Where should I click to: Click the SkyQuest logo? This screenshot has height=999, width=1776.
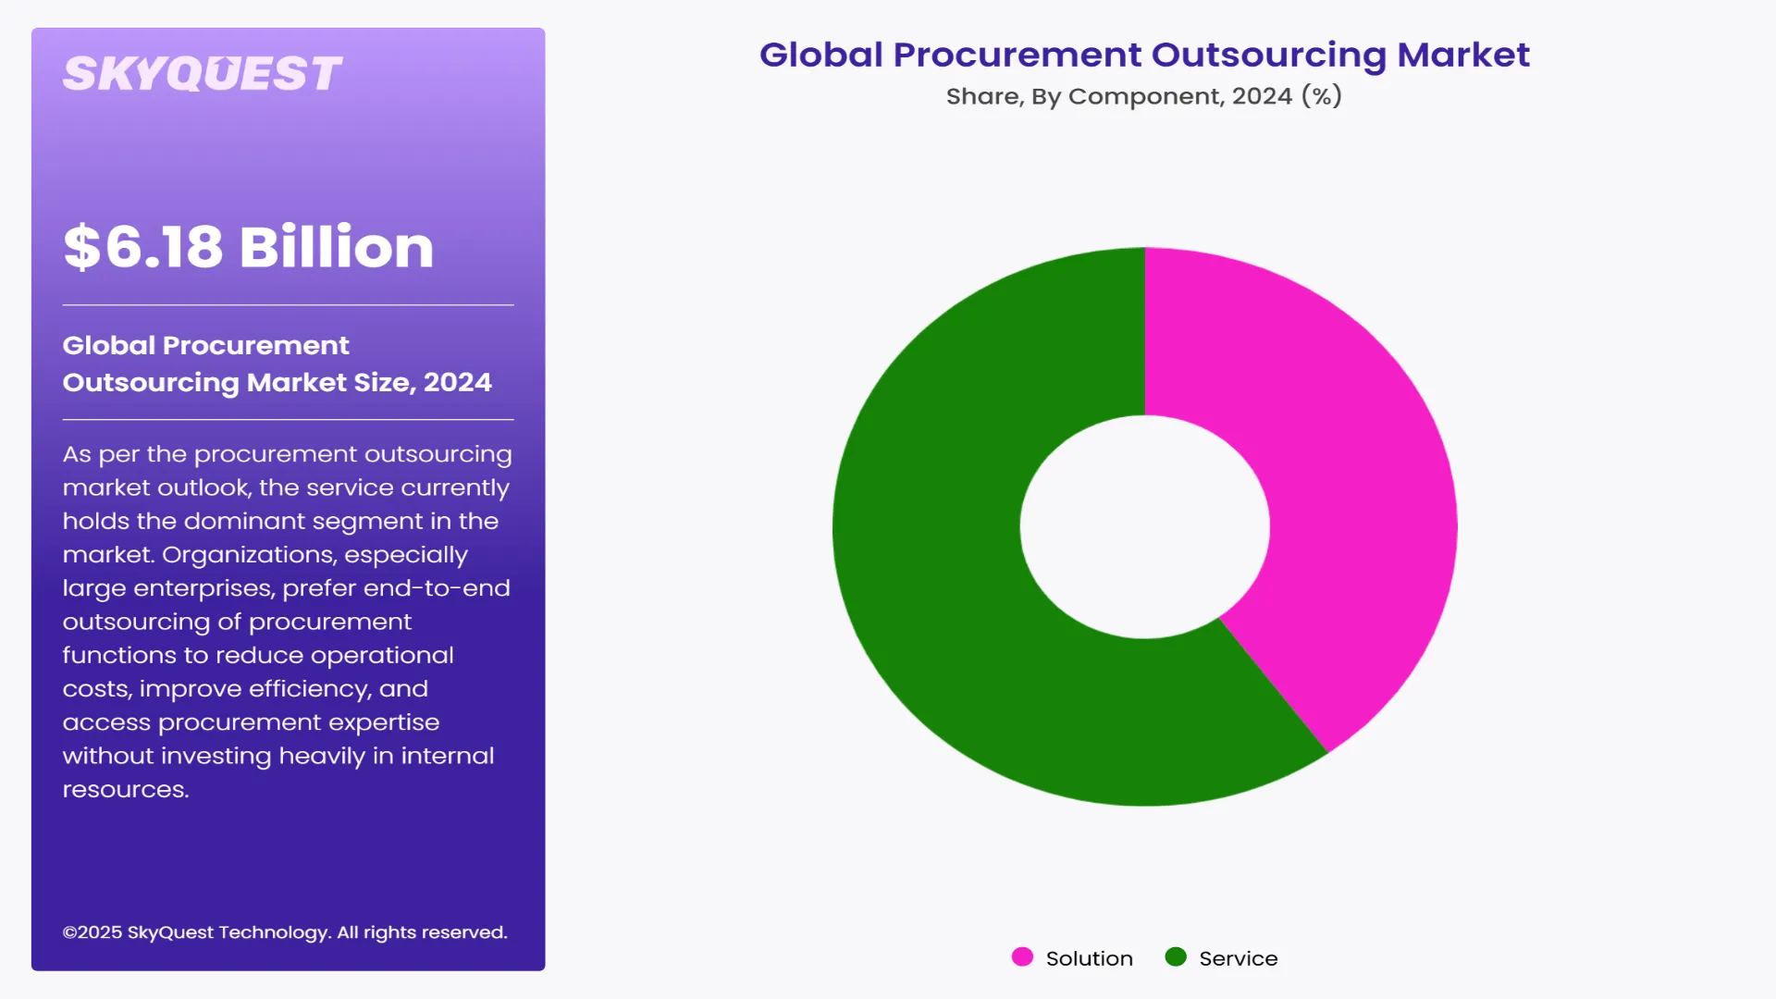coord(202,74)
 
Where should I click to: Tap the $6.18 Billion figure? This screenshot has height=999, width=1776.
coord(248,247)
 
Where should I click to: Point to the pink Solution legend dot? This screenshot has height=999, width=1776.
coord(1022,957)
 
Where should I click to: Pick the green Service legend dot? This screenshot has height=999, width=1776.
coord(1176,957)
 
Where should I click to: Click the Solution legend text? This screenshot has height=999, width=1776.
coord(1089,959)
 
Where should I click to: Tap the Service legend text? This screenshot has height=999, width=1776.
coord(1238,959)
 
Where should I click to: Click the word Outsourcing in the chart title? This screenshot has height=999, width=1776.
coord(1268,55)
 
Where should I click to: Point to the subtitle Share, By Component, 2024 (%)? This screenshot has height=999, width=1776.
coord(1143,96)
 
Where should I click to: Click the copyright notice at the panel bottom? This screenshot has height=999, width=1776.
coord(285,932)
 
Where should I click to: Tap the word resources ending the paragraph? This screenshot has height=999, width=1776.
coord(124,790)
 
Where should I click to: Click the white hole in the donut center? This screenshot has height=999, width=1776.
coord(1144,527)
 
